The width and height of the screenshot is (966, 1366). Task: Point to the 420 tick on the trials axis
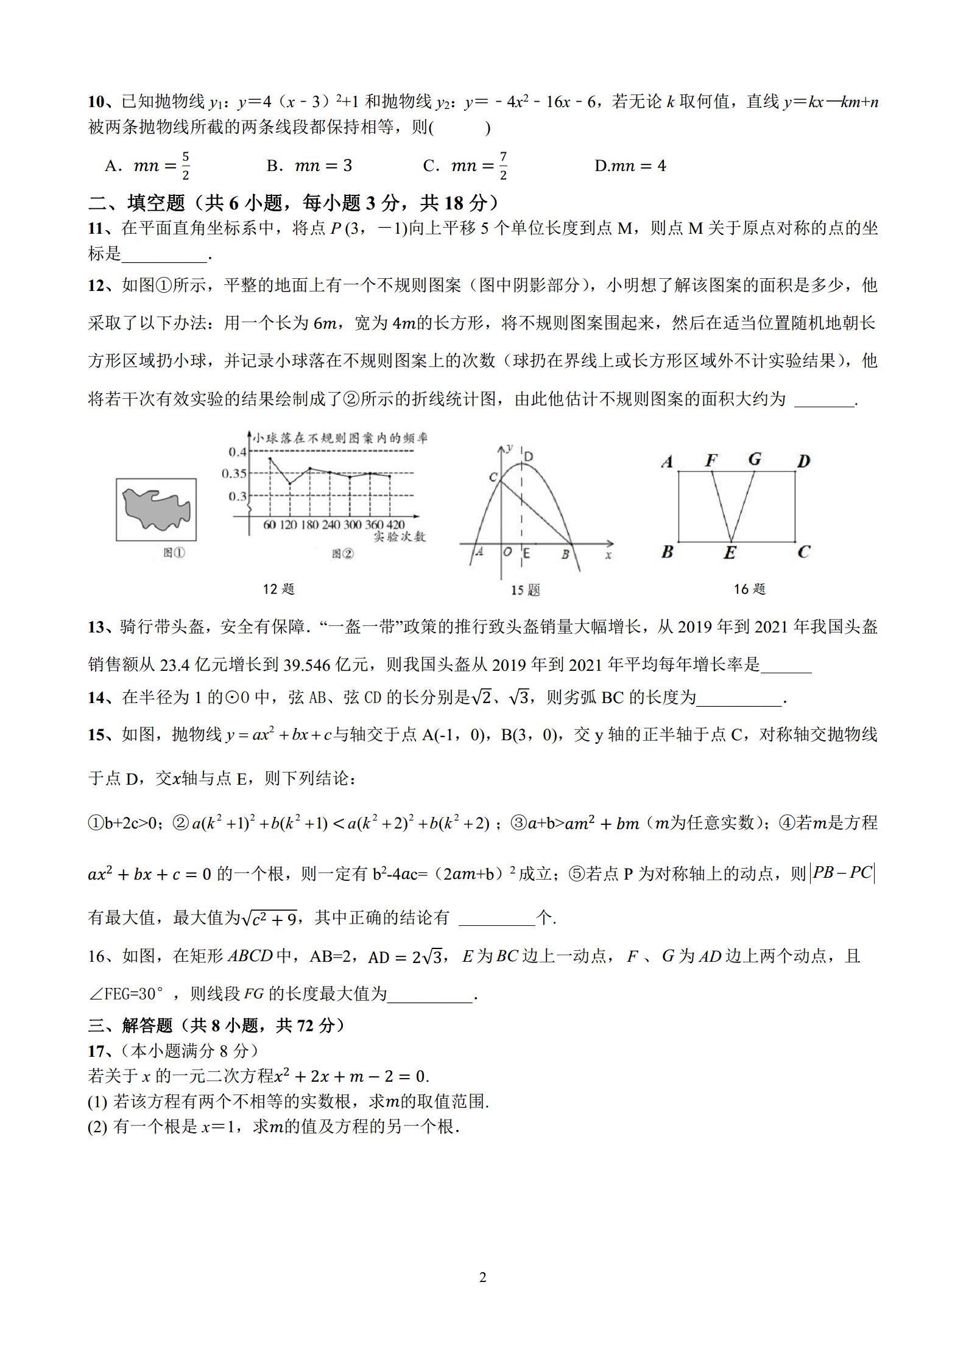[395, 525]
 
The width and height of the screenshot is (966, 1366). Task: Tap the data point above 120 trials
[290, 483]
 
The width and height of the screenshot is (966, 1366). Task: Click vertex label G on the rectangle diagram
[755, 460]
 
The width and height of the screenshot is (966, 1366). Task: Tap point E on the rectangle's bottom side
[730, 552]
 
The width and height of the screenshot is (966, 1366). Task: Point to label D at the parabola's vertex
[528, 457]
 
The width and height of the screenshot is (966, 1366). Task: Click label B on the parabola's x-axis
[565, 554]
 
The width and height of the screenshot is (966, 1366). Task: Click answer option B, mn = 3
[309, 166]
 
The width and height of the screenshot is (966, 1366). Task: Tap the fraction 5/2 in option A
[186, 166]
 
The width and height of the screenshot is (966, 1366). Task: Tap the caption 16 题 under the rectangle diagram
[749, 589]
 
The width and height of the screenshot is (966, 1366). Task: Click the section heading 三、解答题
[130, 1026]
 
